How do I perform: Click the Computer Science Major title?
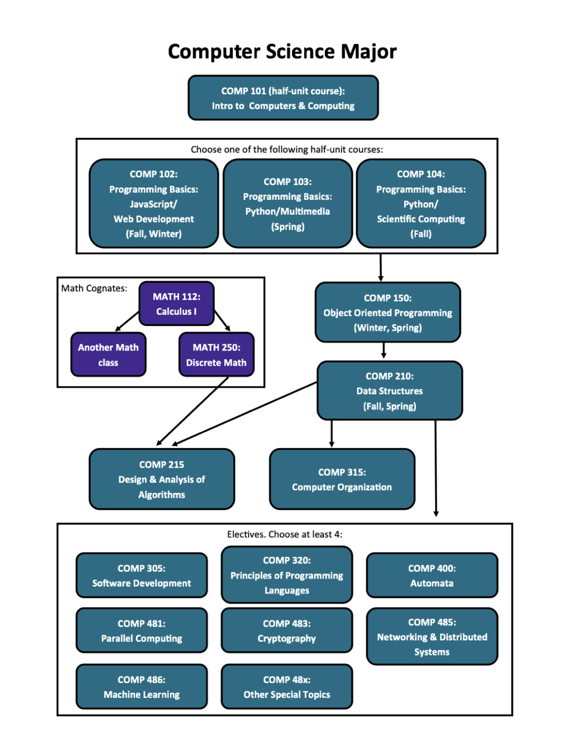pos(282,52)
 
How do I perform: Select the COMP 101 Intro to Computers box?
pos(283,98)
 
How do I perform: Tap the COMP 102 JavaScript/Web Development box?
pos(154,204)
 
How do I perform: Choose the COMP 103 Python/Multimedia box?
pos(288,204)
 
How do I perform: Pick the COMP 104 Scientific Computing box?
pos(421,204)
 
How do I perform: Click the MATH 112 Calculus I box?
pos(176,304)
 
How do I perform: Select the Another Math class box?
pos(108,355)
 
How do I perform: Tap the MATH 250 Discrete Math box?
pos(216,355)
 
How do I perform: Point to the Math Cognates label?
pos(94,288)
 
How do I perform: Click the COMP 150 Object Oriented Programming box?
pos(388,313)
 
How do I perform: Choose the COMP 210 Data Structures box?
pos(389,391)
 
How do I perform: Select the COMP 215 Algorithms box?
pos(161,479)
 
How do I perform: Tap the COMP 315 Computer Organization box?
pos(342,479)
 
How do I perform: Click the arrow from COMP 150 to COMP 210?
pos(384,351)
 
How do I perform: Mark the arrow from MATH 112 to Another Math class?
pos(127,321)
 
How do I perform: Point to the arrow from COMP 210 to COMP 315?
pos(332,433)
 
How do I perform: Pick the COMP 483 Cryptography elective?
pos(287,631)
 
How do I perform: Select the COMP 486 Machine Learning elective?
pos(142,686)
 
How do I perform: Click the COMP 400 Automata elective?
pos(432,576)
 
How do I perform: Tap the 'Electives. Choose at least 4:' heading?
pos(284,535)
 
